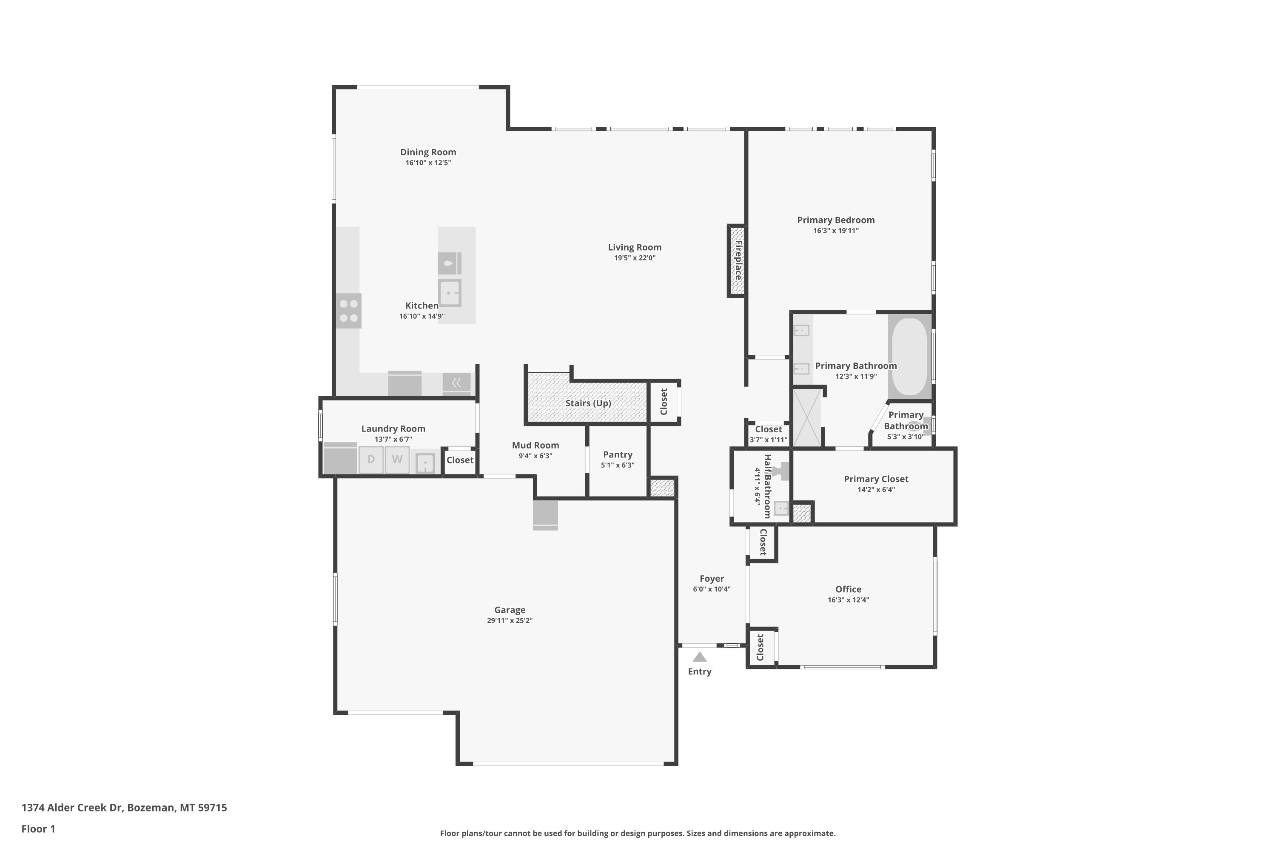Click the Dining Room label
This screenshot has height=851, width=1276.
coord(428,152)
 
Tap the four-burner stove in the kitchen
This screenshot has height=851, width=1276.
coord(348,311)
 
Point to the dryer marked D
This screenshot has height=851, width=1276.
coord(371,460)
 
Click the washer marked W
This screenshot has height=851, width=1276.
coord(397,460)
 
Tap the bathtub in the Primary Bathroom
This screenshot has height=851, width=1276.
coord(910,356)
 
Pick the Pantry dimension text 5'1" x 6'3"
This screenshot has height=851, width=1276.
coord(618,465)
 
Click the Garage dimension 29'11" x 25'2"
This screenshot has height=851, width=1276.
coord(510,620)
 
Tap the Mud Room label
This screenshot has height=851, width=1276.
coord(535,445)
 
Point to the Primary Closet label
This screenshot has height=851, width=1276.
coord(876,479)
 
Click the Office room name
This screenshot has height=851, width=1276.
coord(849,589)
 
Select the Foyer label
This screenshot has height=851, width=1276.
coord(712,579)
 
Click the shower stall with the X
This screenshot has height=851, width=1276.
coord(807,418)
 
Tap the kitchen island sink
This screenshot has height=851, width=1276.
coord(450,293)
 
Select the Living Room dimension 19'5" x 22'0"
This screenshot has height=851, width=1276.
coord(634,258)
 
